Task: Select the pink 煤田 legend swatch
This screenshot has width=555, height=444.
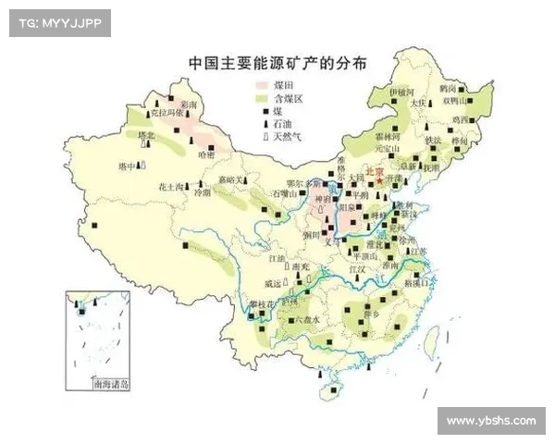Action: pyautogui.click(x=264, y=85)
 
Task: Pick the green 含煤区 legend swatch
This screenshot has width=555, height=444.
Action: pyautogui.click(x=264, y=98)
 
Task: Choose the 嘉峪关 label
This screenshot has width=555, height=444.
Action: pyautogui.click(x=232, y=179)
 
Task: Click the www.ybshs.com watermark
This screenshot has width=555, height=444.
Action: pyautogui.click(x=490, y=421)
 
